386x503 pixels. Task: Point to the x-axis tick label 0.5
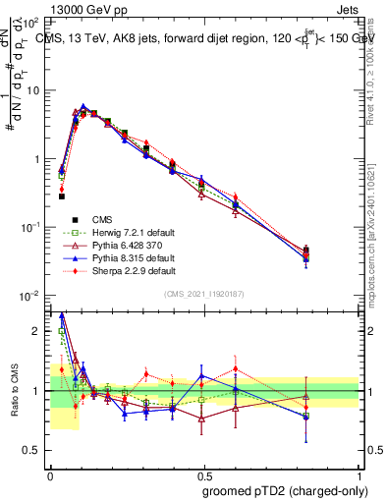[203, 473]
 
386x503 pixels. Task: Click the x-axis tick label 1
[358, 473]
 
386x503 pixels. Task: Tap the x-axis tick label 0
[49, 473]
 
